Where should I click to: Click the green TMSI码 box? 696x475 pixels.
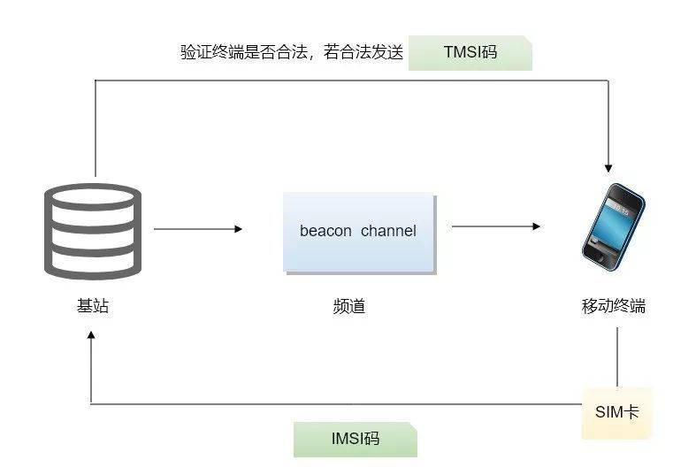[470, 53]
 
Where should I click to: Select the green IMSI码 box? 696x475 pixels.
[356, 439]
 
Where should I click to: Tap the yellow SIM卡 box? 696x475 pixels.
[617, 413]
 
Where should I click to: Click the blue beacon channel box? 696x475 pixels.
[359, 233]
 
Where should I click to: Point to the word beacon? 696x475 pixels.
[325, 231]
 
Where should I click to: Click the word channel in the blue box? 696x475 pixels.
[388, 231]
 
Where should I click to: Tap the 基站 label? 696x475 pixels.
[92, 305]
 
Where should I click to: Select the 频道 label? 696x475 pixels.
[349, 306]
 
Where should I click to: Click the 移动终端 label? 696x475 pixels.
[614, 306]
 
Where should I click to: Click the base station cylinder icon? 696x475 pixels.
[93, 231]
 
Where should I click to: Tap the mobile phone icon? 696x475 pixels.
[613, 226]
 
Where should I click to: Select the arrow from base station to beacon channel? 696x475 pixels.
[198, 229]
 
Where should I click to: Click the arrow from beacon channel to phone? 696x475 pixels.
[496, 226]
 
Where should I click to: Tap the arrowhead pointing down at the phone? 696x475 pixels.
[608, 168]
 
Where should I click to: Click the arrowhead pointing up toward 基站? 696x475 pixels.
[91, 335]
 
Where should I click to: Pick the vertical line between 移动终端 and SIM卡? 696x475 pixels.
[617, 357]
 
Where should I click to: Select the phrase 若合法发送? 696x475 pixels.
[363, 52]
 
